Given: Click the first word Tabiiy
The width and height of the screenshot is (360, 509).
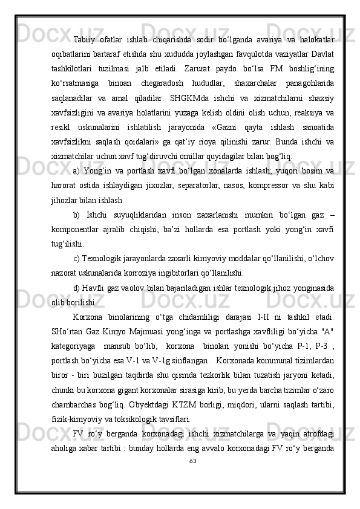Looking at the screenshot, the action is point(84,39).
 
